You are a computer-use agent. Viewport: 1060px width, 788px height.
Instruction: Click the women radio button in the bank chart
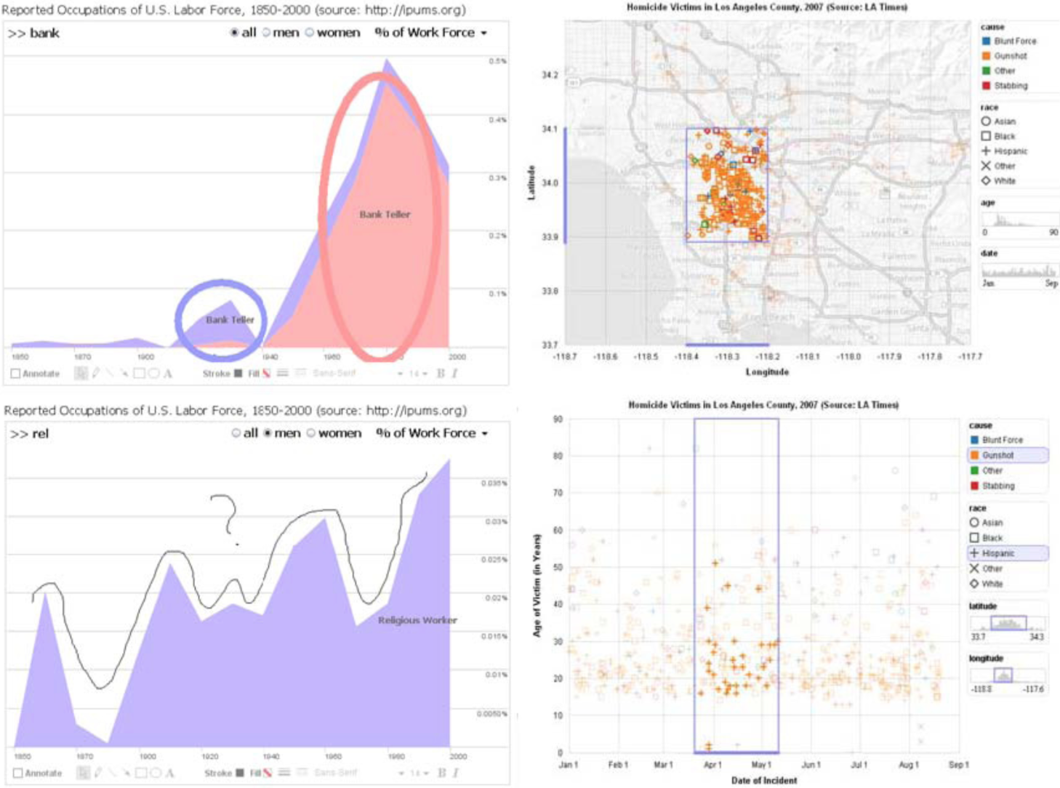[x=310, y=33]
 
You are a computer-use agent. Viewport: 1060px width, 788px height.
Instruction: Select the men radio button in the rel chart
[x=268, y=433]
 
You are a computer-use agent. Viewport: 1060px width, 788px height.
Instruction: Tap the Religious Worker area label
[x=417, y=620]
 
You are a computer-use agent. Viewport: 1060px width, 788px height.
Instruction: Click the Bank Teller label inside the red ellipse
[x=385, y=214]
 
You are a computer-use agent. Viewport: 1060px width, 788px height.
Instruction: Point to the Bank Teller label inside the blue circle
[x=230, y=320]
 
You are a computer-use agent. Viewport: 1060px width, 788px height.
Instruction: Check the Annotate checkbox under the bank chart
[x=16, y=374]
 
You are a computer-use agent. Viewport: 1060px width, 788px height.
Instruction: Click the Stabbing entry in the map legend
[x=1010, y=86]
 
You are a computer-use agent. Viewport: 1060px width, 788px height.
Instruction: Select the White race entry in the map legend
[x=1004, y=181]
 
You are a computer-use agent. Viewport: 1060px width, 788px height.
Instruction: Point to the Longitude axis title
[x=766, y=372]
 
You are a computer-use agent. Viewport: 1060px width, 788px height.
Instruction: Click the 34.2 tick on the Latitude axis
[x=550, y=76]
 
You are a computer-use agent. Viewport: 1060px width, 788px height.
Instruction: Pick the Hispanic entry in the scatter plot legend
[x=997, y=553]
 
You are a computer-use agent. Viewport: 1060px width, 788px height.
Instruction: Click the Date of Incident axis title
[x=763, y=781]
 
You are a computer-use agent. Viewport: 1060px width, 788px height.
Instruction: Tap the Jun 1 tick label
[x=811, y=765]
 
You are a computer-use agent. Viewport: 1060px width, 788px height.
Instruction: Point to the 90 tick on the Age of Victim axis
[x=558, y=419]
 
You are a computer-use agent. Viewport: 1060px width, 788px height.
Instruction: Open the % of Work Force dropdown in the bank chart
[x=431, y=33]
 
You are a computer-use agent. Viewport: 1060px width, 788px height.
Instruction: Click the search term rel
[x=40, y=434]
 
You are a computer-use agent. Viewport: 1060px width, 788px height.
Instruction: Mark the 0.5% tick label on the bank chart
[x=497, y=61]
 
